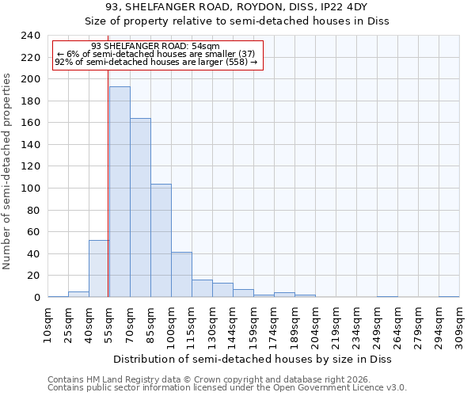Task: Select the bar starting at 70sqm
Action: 140,208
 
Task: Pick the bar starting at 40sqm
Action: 99,268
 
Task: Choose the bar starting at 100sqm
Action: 181,275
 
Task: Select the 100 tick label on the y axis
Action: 30,188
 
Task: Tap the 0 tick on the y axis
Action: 36,298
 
